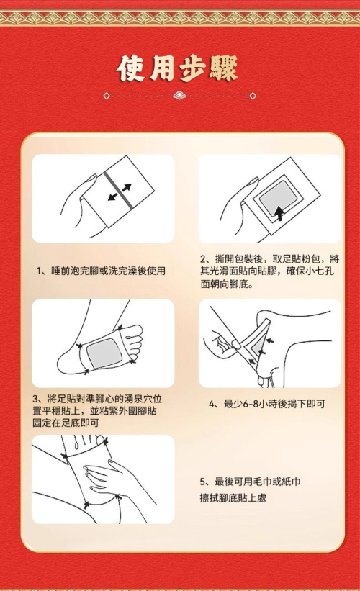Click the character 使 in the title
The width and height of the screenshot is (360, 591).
click(131, 68)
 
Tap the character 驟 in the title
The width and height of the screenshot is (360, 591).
click(224, 68)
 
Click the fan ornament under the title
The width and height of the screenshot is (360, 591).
click(179, 96)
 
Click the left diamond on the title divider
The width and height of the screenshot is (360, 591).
click(107, 96)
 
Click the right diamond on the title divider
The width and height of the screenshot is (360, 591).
click(253, 96)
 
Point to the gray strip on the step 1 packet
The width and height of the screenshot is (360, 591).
click(118, 190)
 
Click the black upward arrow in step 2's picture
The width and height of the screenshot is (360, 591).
click(279, 213)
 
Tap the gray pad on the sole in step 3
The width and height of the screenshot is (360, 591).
click(104, 353)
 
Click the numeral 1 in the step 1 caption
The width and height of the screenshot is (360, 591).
click(38, 271)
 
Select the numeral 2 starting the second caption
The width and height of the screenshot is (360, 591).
click(203, 259)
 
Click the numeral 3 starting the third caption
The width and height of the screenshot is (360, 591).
click(35, 399)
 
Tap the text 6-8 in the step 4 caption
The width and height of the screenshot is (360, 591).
click(251, 404)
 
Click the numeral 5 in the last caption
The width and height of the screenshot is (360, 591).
click(202, 482)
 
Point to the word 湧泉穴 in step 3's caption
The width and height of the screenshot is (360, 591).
click(138, 399)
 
